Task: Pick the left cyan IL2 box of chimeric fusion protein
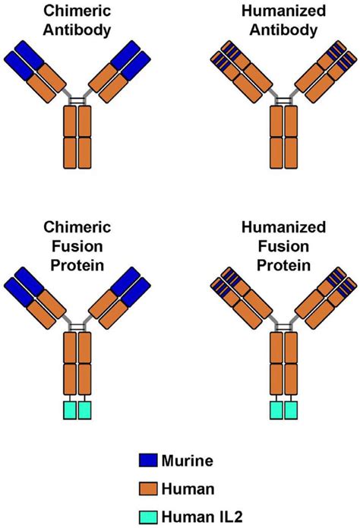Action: (x=69, y=410)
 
